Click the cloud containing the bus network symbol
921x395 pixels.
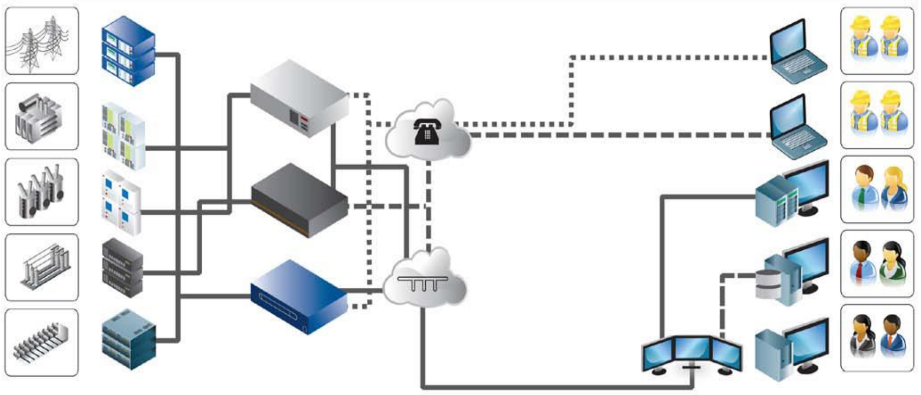(x=424, y=281)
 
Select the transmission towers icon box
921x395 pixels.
(x=42, y=41)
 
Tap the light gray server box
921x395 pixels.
(x=300, y=99)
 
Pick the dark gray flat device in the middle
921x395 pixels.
(x=300, y=201)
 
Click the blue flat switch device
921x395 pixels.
(x=299, y=297)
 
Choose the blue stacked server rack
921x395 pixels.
(x=128, y=51)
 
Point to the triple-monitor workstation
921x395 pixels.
(x=692, y=355)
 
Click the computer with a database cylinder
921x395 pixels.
(x=792, y=274)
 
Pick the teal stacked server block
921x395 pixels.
(x=129, y=339)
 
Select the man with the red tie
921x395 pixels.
(x=862, y=263)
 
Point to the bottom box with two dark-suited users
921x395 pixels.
(x=877, y=338)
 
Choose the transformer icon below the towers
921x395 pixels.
(x=42, y=117)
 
